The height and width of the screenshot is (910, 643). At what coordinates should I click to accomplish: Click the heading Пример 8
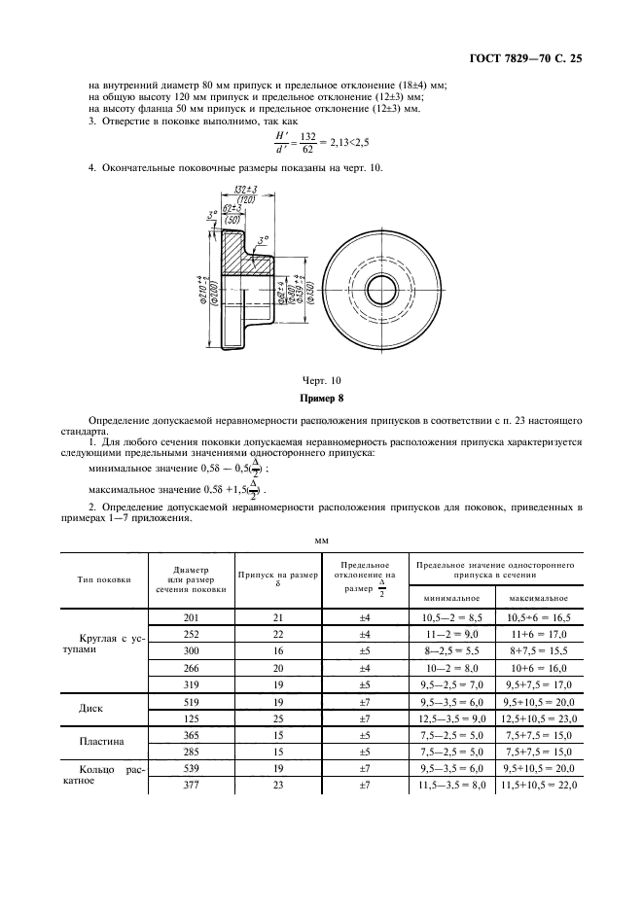(x=320, y=399)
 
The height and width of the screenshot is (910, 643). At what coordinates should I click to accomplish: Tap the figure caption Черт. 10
(x=320, y=380)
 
